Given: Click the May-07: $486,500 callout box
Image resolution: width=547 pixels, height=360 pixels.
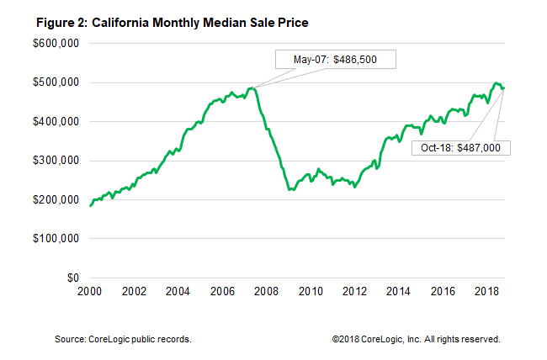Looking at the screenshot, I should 335,61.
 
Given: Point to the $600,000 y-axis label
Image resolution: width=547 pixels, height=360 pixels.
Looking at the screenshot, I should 56,43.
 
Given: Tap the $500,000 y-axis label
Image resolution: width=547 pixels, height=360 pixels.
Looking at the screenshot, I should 56,82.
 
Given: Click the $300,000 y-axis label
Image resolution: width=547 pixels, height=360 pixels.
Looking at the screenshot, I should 56,161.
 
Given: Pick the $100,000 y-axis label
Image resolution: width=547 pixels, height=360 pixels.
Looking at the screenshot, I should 56,239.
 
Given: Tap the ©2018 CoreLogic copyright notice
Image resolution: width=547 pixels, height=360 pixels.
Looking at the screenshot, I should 417,339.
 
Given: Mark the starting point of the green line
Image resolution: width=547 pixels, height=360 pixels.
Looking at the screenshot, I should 90,205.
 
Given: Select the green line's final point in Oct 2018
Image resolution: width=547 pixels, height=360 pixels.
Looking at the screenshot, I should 503,87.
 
